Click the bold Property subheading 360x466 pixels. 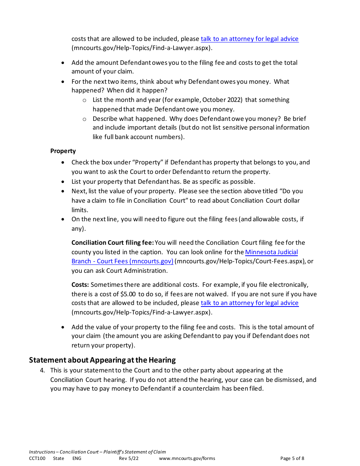point(63,151)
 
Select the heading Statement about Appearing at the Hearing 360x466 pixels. point(102,360)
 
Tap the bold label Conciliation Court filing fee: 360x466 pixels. point(113,242)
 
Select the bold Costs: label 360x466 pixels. point(80,285)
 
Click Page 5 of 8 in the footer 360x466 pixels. point(292,458)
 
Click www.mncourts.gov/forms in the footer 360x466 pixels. point(187,458)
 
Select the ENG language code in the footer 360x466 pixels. point(77,458)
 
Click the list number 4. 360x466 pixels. point(42,370)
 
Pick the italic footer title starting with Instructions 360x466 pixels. point(97,452)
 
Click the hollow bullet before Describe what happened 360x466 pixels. point(85,119)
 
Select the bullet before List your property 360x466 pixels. point(63,182)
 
